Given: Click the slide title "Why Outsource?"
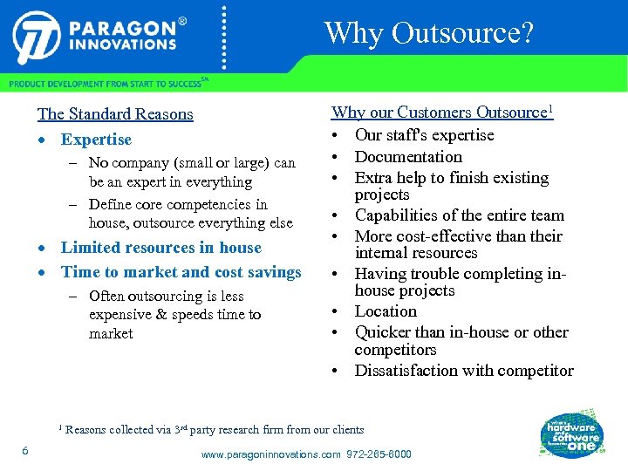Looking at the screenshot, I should coord(428,33).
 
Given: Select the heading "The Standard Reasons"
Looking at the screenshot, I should coord(115,114).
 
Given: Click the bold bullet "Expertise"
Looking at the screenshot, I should coord(96,140).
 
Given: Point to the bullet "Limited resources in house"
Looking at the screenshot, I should coord(160,248).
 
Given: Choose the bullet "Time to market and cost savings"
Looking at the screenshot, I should coord(181,272).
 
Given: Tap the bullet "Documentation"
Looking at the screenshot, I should coord(408,157).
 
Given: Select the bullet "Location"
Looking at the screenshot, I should coord(386,311).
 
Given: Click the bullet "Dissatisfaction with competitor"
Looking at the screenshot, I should coord(464,371).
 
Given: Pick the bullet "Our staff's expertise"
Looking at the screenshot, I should coord(424,135).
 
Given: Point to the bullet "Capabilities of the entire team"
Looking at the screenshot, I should coord(459,215).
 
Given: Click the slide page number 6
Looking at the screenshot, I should coord(26,450).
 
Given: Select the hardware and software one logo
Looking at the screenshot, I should coord(571,431).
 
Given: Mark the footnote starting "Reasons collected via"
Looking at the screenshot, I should coord(215,429).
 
